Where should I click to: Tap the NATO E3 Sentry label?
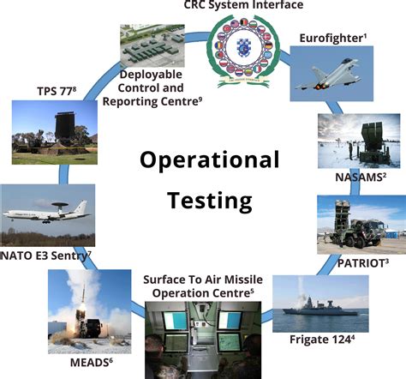click(x=44, y=255)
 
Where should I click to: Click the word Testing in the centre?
click(x=210, y=201)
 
